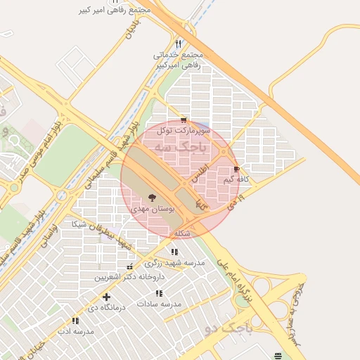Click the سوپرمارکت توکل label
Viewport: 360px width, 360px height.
click(183, 130)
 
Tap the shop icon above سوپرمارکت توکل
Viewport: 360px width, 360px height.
click(184, 120)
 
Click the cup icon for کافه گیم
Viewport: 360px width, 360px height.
click(236, 169)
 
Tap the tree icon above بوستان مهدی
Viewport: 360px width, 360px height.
click(153, 198)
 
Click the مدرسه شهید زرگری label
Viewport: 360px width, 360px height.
click(174, 262)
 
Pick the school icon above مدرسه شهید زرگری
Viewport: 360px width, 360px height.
click(174, 252)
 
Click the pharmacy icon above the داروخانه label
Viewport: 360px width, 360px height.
click(129, 267)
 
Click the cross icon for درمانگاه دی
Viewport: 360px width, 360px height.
click(106, 297)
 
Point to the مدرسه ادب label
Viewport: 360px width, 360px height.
click(75, 331)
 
